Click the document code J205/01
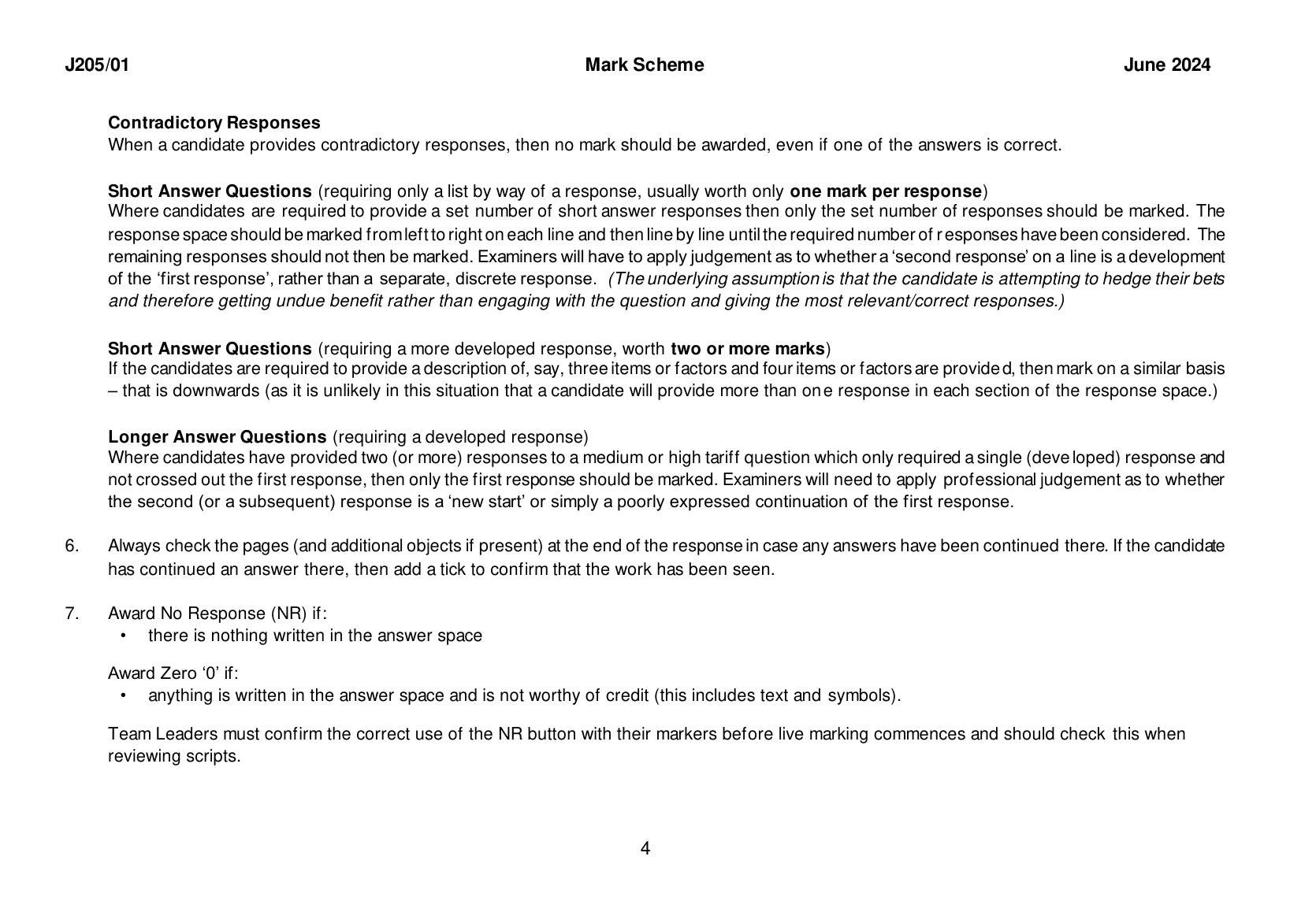point(96,65)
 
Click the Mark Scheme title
point(644,65)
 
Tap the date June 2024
point(1166,65)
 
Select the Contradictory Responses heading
point(214,123)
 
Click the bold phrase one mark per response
point(886,191)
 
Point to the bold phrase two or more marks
point(747,349)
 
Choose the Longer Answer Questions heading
point(217,437)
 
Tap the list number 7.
point(72,614)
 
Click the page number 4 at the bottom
point(645,849)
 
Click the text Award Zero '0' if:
point(173,673)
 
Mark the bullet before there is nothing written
point(123,636)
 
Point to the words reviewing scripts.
point(173,757)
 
